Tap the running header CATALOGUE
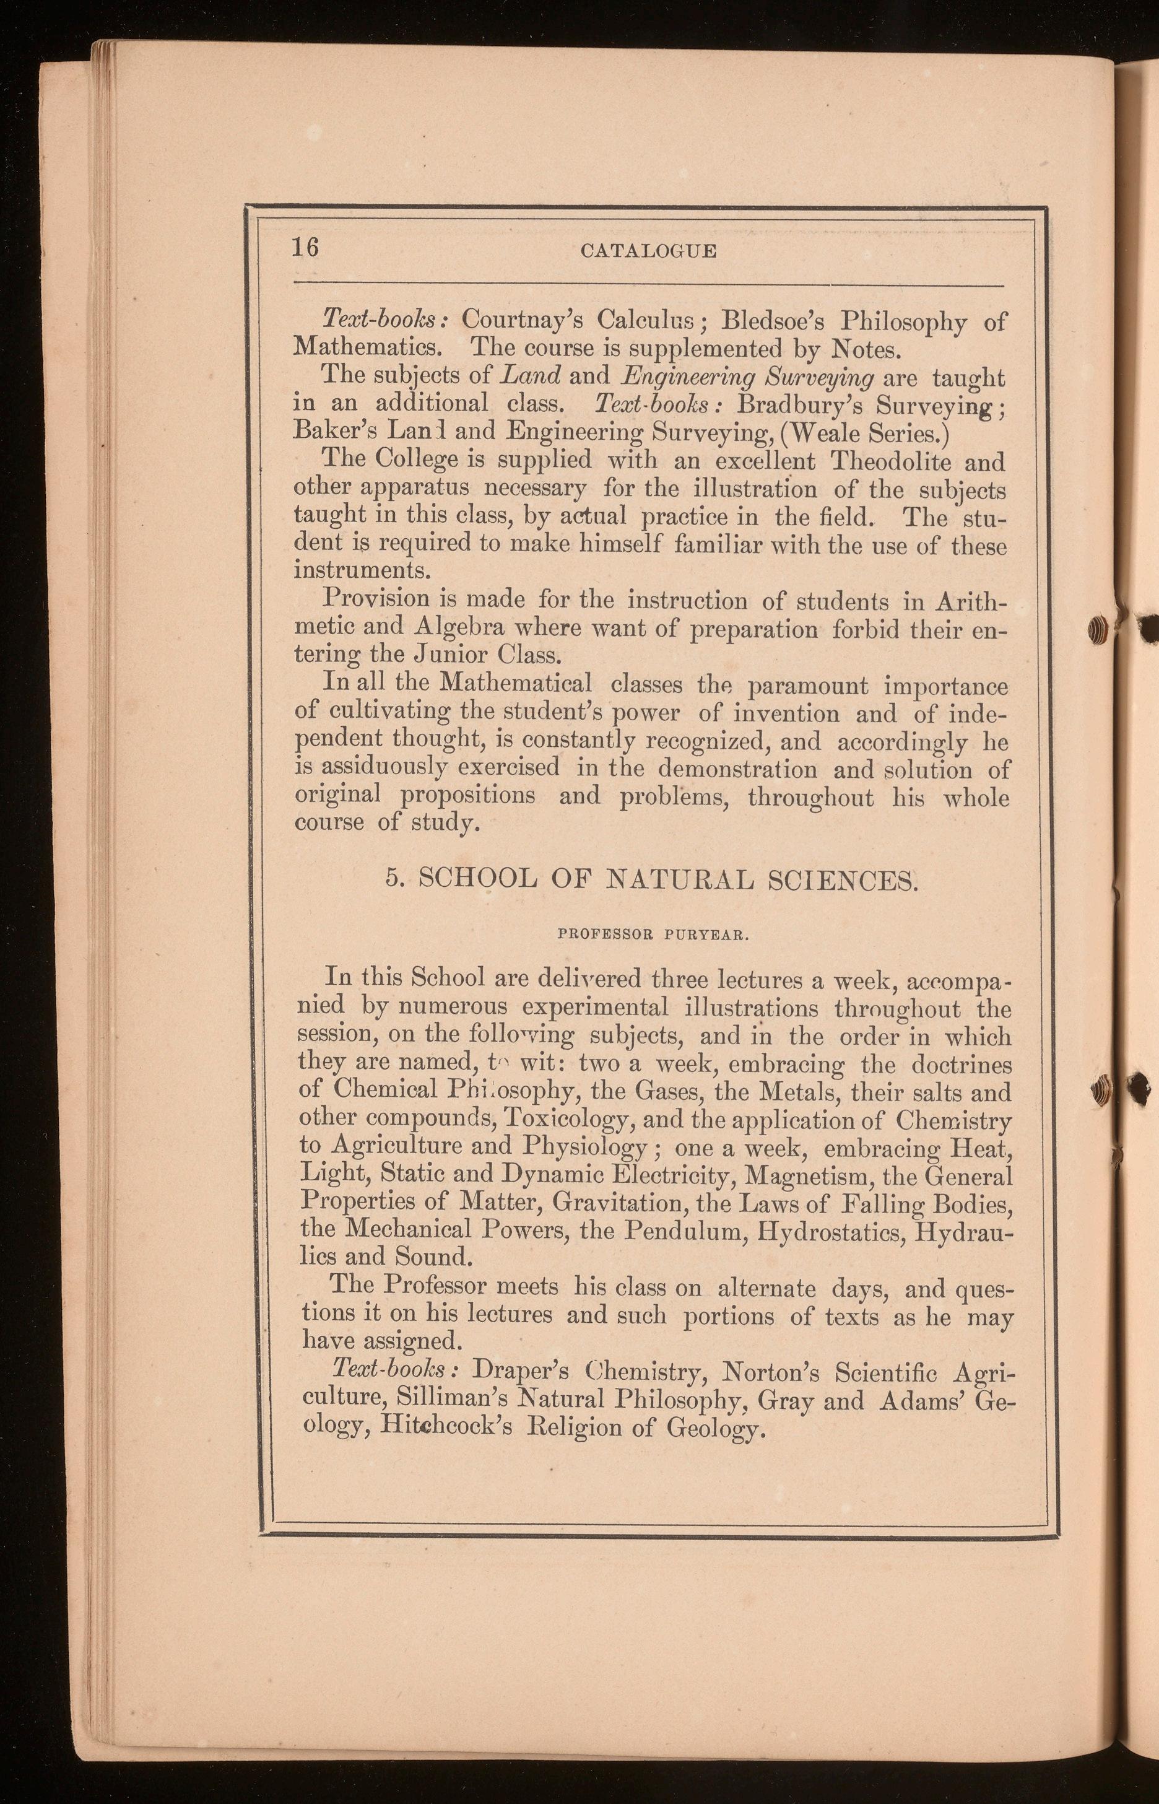click(x=649, y=251)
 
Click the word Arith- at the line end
click(x=971, y=602)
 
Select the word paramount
click(x=807, y=686)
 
